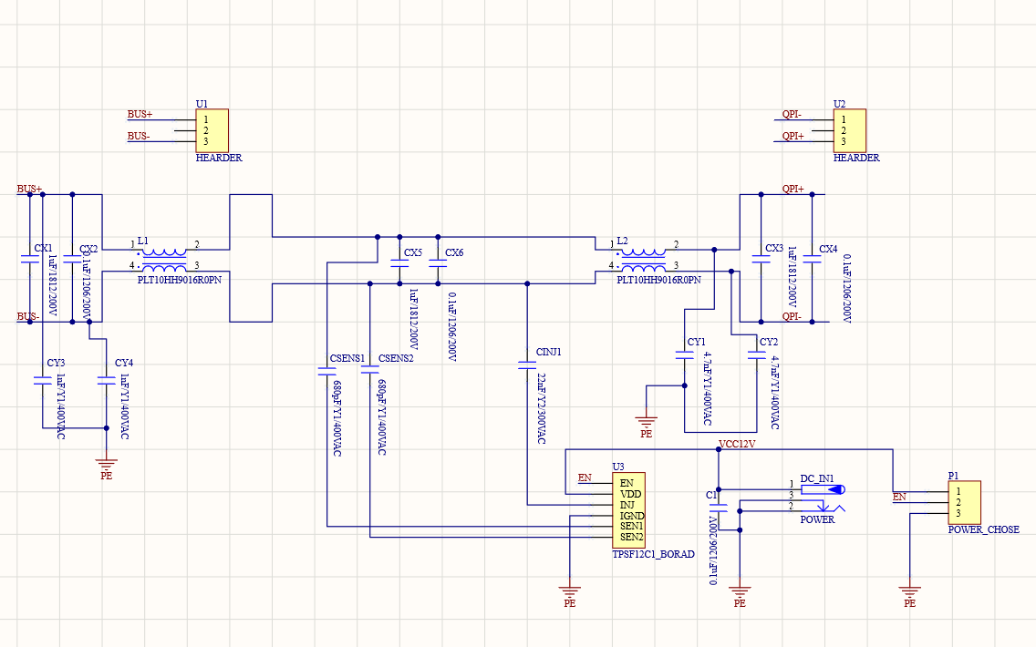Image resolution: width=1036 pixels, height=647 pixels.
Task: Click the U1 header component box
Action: (x=212, y=129)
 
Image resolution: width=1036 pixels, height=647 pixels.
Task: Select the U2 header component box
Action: (x=849, y=129)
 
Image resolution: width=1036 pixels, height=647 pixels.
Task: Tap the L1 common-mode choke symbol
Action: (x=165, y=260)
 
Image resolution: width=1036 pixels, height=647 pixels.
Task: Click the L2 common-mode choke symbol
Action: (x=643, y=260)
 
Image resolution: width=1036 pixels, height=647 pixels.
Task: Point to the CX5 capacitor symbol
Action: (x=399, y=265)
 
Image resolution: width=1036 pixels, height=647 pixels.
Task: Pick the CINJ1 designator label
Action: (x=549, y=352)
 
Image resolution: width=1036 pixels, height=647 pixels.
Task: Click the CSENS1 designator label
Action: (x=347, y=358)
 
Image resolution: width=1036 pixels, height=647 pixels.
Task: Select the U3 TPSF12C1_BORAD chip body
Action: (x=628, y=509)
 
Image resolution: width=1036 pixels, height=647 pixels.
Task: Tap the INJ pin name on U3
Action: (x=627, y=504)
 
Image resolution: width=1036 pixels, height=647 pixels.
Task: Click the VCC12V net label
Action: (x=737, y=444)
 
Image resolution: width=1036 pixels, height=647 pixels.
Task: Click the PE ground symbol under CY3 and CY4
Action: (x=107, y=465)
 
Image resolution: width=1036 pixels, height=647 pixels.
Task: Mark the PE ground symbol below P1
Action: (x=909, y=593)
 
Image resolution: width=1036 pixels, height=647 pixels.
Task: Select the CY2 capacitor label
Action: (x=769, y=342)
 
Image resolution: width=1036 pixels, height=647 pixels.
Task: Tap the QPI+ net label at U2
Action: (x=793, y=136)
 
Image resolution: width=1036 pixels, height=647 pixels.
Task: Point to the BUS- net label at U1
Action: (x=139, y=136)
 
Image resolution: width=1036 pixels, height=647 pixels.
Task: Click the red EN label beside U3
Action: (x=585, y=477)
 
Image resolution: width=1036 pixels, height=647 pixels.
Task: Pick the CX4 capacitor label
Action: (x=828, y=249)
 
